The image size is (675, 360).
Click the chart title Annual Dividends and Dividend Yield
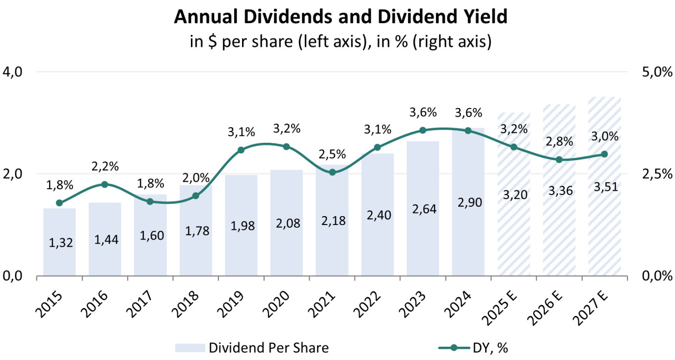pyautogui.click(x=340, y=17)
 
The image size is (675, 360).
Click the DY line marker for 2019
pyautogui.click(x=241, y=150)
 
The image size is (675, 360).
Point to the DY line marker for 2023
pyautogui.click(x=423, y=130)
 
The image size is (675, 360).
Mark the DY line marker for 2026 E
pyautogui.click(x=559, y=160)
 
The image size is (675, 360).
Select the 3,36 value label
pyautogui.click(x=559, y=191)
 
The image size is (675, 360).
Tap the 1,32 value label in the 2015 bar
pyautogui.click(x=59, y=243)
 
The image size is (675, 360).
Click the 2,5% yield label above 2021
pyautogui.click(x=332, y=154)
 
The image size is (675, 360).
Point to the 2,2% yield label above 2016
pyautogui.click(x=105, y=167)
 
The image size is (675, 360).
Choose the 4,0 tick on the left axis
pyautogui.click(x=14, y=72)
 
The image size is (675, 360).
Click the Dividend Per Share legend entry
pyautogui.click(x=252, y=348)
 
